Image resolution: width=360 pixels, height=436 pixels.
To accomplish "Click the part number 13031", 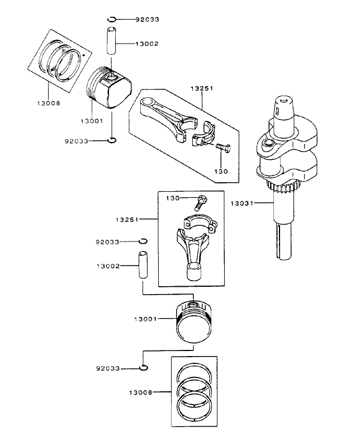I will pyautogui.click(x=241, y=203).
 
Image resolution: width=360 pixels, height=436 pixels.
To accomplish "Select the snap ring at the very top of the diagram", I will pyautogui.click(x=112, y=20).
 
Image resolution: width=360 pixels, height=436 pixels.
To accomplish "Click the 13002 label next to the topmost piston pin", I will pyautogui.click(x=148, y=43).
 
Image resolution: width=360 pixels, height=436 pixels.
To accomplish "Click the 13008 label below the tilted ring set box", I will pyautogui.click(x=49, y=103).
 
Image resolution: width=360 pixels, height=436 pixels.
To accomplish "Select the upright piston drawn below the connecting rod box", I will pyautogui.click(x=193, y=321).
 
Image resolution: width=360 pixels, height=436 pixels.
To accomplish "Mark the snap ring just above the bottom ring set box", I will pyautogui.click(x=144, y=367).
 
